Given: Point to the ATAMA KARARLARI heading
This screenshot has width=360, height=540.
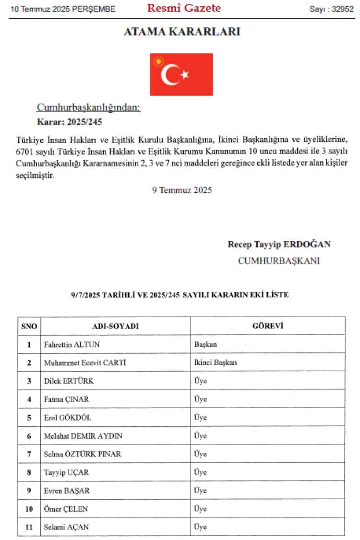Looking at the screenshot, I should click(182, 32).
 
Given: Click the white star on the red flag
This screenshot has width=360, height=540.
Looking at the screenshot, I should click(185, 74).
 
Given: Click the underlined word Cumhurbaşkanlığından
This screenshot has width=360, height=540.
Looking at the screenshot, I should click(88, 108).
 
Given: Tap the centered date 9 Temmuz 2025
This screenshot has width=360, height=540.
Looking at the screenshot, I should click(182, 189).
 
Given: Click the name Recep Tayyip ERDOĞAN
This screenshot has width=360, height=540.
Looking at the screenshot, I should click(279, 244).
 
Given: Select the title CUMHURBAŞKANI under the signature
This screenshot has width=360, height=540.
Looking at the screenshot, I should click(279, 261).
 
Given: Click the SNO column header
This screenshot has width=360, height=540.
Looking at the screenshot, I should click(29, 326).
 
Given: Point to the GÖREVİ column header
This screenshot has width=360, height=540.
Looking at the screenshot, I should click(267, 326).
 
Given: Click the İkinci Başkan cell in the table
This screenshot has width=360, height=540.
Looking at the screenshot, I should click(216, 363).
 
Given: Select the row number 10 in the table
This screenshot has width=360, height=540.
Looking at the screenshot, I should click(29, 509).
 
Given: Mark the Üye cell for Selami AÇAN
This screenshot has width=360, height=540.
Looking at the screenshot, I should click(200, 527).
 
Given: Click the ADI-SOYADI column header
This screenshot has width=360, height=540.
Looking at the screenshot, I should click(115, 326).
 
